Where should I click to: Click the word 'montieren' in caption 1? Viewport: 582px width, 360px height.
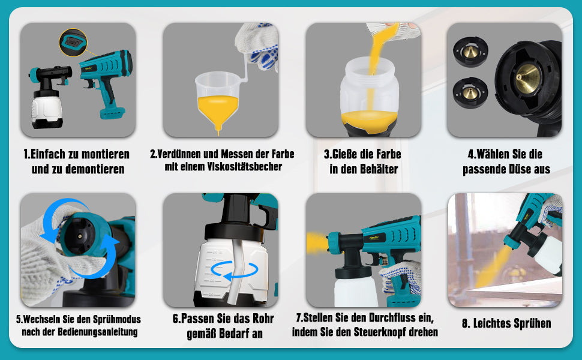106,154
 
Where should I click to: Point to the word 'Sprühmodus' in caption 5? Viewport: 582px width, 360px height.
117,319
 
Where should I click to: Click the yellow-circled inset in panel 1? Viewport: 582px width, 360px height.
73,43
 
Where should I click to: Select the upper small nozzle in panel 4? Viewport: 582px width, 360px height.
470,52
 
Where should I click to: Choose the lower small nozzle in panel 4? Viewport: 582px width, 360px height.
470,92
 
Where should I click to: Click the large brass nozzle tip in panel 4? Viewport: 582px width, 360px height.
526,77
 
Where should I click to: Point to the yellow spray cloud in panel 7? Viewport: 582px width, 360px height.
317,242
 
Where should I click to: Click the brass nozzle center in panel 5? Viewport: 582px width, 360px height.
79,236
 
